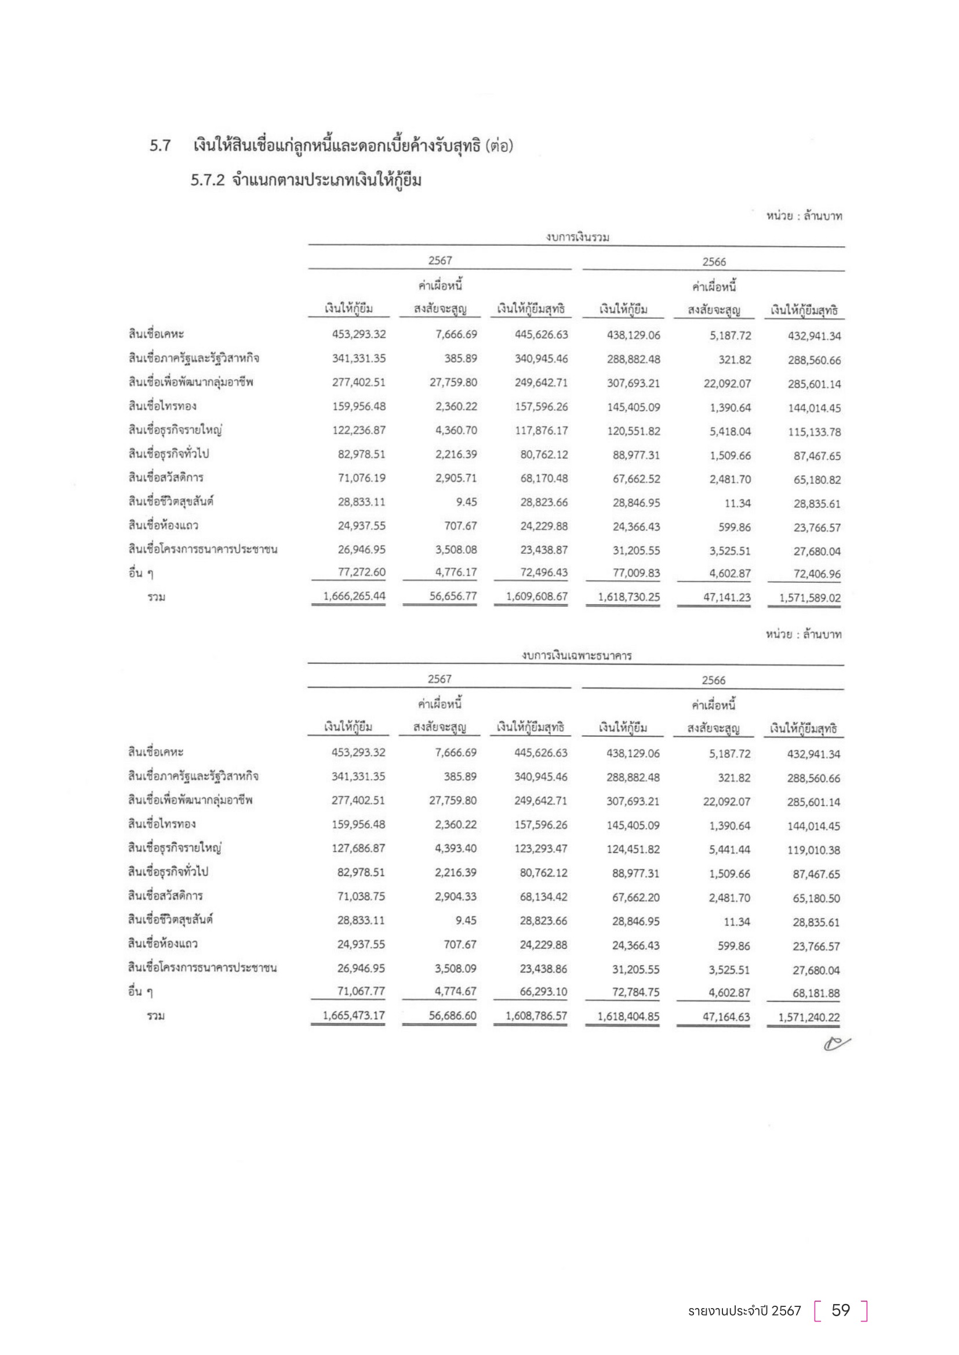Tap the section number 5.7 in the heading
pyautogui.click(x=160, y=145)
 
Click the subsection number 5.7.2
pyautogui.click(x=207, y=180)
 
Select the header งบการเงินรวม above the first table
pyautogui.click(x=577, y=238)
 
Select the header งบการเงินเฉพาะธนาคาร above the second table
pyautogui.click(x=576, y=655)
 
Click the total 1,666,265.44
pyautogui.click(x=354, y=596)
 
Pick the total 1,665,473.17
pyautogui.click(x=354, y=1015)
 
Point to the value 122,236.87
pyautogui.click(x=358, y=430)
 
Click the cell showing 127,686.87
pyautogui.click(x=358, y=848)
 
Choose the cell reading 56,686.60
pyautogui.click(x=452, y=1015)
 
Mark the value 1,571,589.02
pyautogui.click(x=809, y=597)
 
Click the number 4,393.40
pyautogui.click(x=455, y=848)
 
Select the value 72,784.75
pyautogui.click(x=635, y=991)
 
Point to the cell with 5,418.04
pyautogui.click(x=730, y=432)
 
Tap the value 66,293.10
pyautogui.click(x=543, y=991)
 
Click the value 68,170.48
pyautogui.click(x=544, y=478)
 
